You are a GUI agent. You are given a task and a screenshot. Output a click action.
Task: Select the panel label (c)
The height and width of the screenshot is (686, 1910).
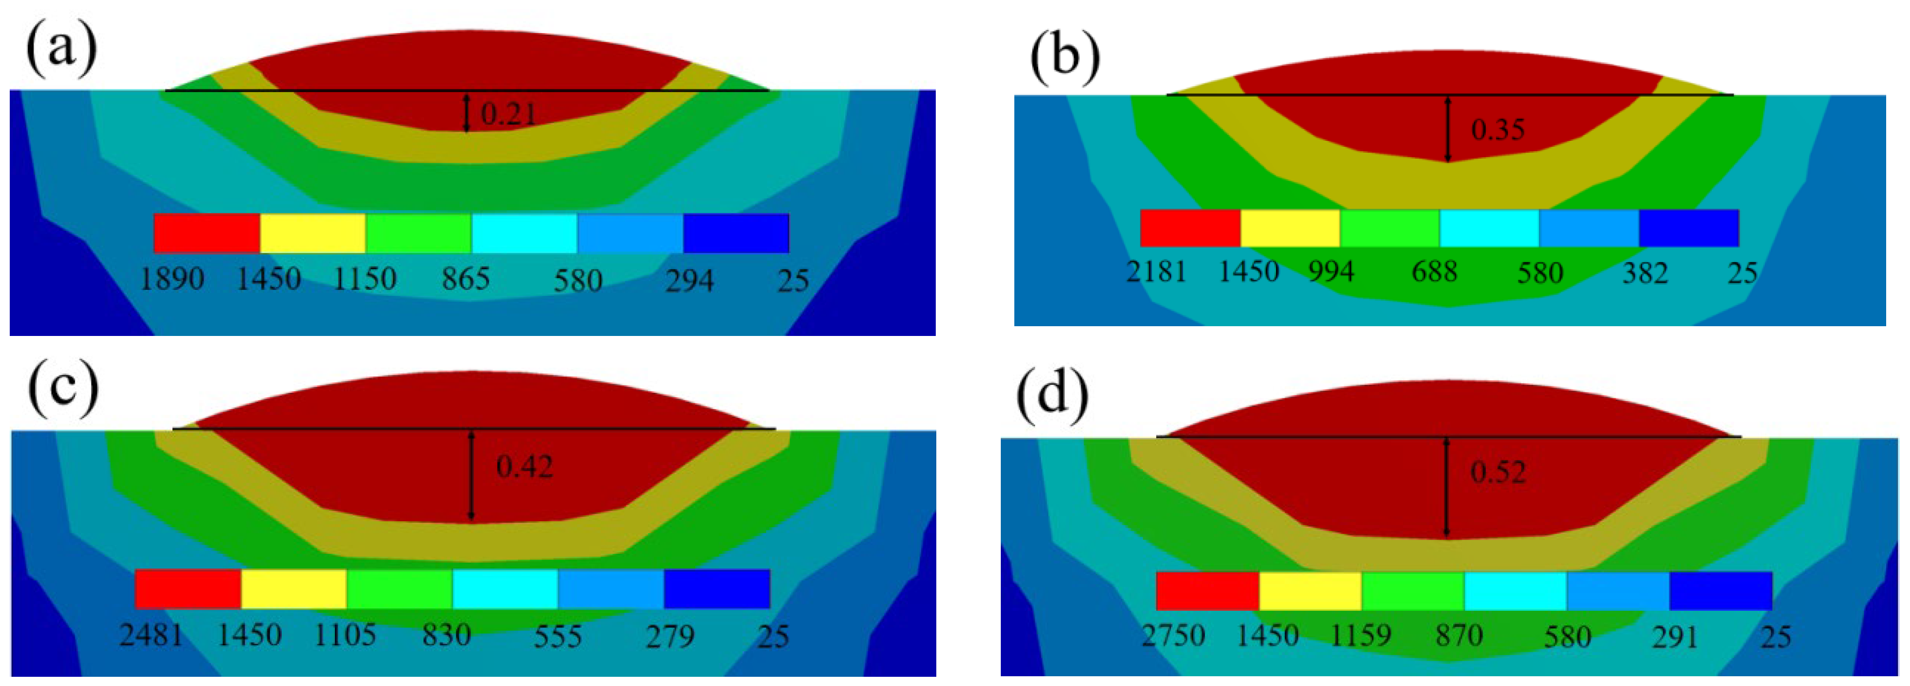pos(62,390)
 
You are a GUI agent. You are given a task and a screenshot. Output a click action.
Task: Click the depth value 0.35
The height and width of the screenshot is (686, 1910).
pos(1498,130)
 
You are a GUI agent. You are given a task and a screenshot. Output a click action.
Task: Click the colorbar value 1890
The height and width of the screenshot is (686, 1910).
pos(172,280)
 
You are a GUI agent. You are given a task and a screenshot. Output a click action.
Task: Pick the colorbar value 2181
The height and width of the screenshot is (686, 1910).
pos(1157,272)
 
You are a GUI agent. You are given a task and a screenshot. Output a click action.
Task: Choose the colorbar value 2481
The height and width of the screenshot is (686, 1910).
pos(151,636)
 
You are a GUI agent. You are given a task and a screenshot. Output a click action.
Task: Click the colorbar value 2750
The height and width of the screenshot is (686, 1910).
pos(1173,636)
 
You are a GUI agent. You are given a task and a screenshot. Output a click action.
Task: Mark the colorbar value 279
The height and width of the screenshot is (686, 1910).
pos(670,636)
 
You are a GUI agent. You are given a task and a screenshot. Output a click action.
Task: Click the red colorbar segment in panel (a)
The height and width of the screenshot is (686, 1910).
pos(207,233)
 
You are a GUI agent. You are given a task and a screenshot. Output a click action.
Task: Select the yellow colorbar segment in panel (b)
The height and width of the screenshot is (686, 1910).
pos(1290,228)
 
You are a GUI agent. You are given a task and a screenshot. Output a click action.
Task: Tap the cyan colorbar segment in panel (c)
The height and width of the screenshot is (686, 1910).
pos(505,589)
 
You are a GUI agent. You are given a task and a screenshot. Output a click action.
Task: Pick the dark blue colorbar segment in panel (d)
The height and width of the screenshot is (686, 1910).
pos(1720,591)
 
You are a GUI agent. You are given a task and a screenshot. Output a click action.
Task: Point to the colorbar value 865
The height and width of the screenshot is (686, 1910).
pos(465,280)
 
